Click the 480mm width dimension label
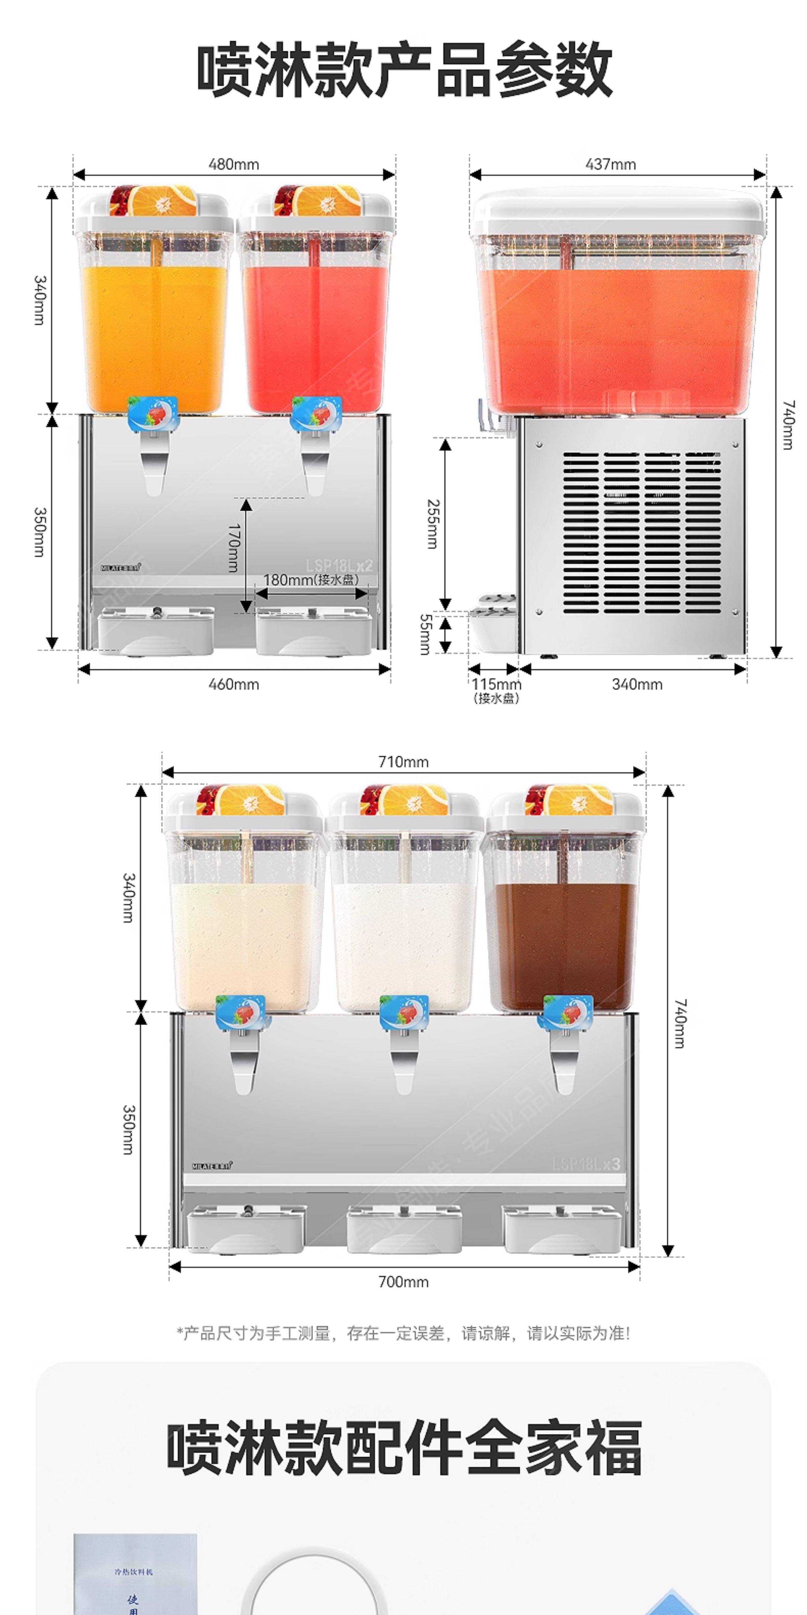coord(234,164)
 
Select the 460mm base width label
coord(234,684)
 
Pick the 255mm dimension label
coord(432,524)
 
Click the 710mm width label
coord(403,762)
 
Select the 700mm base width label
coord(403,1282)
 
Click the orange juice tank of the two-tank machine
coord(154,326)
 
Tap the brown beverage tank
coord(562,940)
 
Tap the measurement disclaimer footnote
coord(403,1333)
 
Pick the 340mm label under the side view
coord(636,684)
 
